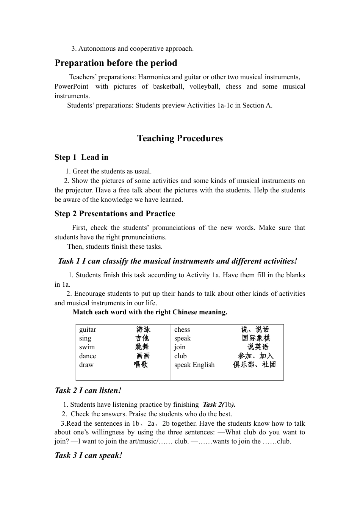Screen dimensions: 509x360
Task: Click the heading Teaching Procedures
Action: click(180, 138)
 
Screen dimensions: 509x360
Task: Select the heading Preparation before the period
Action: click(116, 63)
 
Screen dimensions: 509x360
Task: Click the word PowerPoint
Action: click(71, 86)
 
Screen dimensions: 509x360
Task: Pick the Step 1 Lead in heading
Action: click(81, 157)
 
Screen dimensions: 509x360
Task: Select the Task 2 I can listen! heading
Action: click(88, 390)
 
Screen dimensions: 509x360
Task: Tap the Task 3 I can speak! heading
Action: click(88, 455)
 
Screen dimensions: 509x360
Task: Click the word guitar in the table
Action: click(88, 329)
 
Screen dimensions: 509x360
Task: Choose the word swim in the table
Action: click(87, 347)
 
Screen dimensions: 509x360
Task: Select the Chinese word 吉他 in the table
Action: click(142, 338)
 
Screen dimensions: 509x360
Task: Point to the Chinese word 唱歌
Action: click(141, 364)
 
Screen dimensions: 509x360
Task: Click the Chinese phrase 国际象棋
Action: click(256, 338)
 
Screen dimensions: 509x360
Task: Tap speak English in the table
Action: click(194, 365)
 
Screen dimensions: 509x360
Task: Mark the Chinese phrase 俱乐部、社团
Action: click(254, 364)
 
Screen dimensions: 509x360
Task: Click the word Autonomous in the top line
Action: click(97, 48)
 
